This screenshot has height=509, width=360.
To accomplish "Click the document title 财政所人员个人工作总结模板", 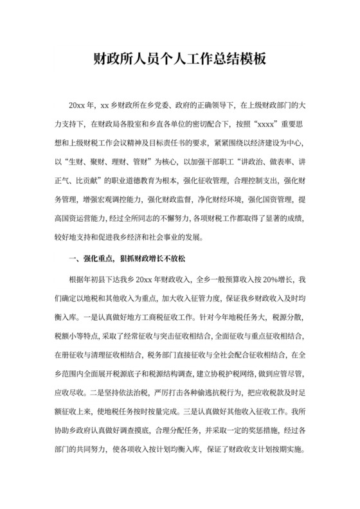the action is point(180,60).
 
